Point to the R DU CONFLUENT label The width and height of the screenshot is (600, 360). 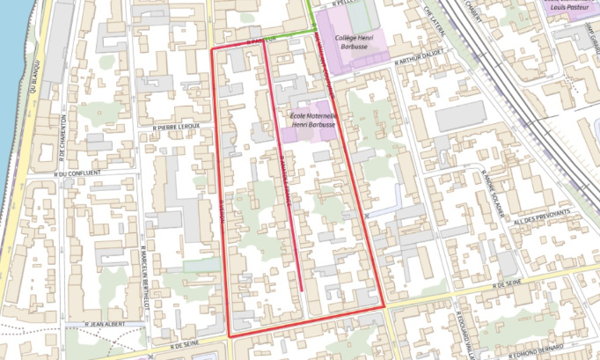78,173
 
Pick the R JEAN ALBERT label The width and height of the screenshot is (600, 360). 105,324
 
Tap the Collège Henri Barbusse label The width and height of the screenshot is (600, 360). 356,34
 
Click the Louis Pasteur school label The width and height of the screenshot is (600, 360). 567,6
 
